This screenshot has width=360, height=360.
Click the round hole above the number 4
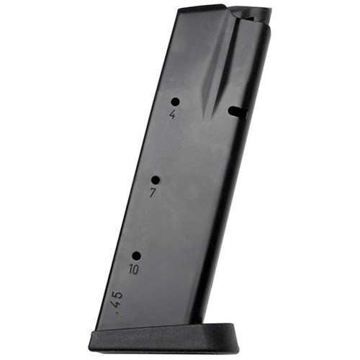[175, 102]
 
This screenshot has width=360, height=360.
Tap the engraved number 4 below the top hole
[173, 115]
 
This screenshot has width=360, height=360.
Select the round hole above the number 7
[155, 180]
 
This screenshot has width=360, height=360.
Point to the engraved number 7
[153, 193]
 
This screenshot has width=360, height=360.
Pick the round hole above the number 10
[136, 256]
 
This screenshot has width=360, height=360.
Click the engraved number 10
[134, 270]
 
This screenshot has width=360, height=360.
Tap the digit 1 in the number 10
[130, 270]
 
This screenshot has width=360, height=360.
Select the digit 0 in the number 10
[136, 270]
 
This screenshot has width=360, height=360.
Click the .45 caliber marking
[115, 298]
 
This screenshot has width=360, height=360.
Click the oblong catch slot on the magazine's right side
[234, 110]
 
